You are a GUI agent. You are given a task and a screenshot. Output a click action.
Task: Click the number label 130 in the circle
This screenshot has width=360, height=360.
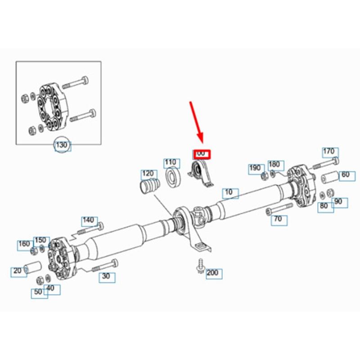(63, 145)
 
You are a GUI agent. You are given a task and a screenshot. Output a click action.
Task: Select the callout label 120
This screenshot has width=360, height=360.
(148, 174)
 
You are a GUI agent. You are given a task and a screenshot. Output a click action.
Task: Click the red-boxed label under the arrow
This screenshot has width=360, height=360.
(201, 154)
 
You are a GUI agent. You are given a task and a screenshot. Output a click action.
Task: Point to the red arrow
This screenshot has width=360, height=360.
(197, 121)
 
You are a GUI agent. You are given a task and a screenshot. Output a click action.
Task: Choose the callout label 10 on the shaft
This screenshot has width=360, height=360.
(230, 193)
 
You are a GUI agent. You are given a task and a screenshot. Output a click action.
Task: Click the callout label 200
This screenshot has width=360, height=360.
(212, 273)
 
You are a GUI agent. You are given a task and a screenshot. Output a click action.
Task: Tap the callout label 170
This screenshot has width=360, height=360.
(329, 152)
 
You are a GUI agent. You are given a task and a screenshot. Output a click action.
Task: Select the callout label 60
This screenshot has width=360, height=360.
(345, 175)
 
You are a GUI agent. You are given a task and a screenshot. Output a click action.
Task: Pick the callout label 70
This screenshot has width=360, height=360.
(278, 219)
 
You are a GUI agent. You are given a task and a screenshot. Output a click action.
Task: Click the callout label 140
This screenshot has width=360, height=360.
(88, 220)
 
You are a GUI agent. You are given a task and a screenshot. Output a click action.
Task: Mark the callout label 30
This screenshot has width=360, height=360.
(106, 277)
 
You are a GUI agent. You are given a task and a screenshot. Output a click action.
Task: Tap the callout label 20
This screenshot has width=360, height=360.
(18, 271)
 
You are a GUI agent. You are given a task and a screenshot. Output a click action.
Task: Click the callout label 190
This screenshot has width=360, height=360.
(255, 168)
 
